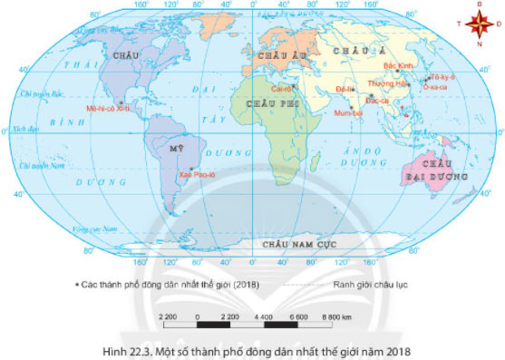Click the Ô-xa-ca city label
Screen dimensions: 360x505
click(440, 89)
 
